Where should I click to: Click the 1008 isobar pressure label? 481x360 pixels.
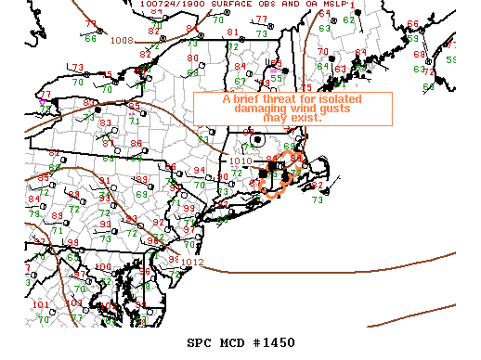click(x=122, y=40)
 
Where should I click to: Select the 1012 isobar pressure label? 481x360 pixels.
click(x=193, y=262)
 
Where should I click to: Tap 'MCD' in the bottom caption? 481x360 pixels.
click(x=234, y=342)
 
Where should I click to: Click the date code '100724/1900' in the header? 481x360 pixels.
click(x=167, y=5)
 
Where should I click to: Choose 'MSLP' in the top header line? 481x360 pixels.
click(x=337, y=5)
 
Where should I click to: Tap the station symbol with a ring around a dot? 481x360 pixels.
click(x=257, y=139)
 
